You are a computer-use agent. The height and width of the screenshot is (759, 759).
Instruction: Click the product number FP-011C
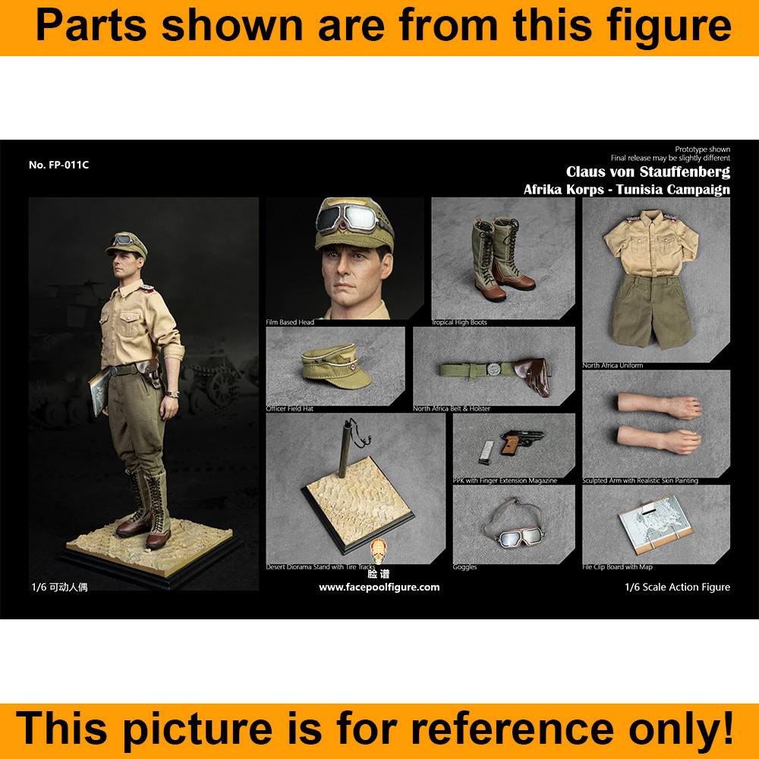58,165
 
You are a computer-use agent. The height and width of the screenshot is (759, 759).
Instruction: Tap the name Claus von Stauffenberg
647,172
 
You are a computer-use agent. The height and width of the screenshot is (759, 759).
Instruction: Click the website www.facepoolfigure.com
379,587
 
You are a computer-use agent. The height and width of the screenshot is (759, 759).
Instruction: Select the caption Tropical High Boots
459,323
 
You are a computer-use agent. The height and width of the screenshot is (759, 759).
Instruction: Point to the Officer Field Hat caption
290,408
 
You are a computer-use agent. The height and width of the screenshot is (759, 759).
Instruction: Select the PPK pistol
518,443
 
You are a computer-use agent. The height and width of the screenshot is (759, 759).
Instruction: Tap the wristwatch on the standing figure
175,393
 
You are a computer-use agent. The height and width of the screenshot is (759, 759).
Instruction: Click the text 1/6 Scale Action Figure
677,587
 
